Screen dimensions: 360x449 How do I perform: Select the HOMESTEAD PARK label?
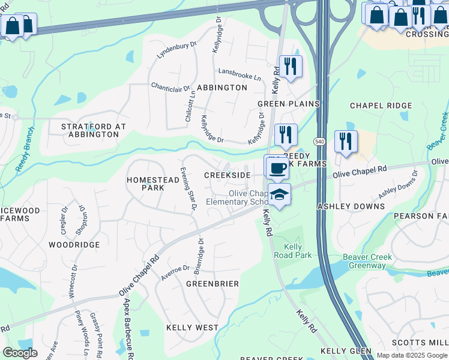click(145, 184)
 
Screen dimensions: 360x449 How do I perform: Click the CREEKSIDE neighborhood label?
click(227, 175)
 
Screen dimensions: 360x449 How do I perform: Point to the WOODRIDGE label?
click(74, 245)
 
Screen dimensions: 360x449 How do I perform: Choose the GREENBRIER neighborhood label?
click(212, 283)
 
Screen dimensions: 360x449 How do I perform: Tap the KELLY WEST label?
click(192, 328)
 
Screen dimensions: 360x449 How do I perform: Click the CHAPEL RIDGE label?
click(381, 106)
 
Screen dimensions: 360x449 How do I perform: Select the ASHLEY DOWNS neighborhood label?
click(351, 206)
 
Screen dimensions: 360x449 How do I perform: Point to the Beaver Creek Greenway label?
click(367, 261)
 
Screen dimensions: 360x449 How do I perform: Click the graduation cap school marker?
click(279, 194)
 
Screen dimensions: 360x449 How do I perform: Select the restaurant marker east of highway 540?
click(346, 142)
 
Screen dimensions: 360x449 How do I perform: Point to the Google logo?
click(20, 353)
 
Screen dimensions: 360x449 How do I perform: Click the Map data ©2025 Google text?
click(412, 355)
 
